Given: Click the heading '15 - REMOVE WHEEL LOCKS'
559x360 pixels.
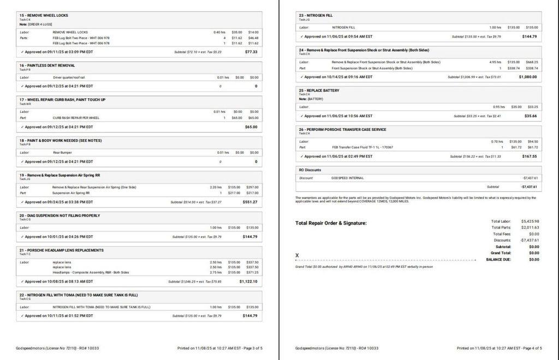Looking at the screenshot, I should pyautogui.click(x=44, y=15).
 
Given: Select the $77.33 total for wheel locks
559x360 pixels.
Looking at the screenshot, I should pyautogui.click(x=251, y=52).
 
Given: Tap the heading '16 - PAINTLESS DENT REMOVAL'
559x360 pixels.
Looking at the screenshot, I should pyautogui.click(x=47, y=65).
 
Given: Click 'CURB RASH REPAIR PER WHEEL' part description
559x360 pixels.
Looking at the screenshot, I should pyautogui.click(x=76, y=118).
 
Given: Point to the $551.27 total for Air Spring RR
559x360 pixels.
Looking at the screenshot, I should pyautogui.click(x=249, y=202).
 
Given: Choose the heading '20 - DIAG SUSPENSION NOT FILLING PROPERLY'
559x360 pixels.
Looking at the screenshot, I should pyautogui.click(x=60, y=215).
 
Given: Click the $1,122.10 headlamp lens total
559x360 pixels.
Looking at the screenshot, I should pyautogui.click(x=248, y=281).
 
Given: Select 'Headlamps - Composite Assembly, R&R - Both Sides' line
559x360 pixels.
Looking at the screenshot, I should pyautogui.click(x=91, y=272).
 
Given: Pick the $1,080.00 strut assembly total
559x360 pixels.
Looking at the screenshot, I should pyautogui.click(x=527, y=77).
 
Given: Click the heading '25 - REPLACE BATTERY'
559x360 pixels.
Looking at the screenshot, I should pyautogui.click(x=319, y=90).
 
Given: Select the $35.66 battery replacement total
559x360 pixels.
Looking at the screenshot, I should pyautogui.click(x=530, y=116).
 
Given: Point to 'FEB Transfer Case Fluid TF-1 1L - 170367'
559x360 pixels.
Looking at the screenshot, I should pyautogui.click(x=362, y=147).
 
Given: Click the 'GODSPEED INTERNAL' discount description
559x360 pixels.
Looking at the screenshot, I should pyautogui.click(x=347, y=178).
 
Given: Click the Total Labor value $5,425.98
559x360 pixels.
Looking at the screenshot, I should pyautogui.click(x=530, y=221).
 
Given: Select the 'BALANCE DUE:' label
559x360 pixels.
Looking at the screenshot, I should pyautogui.click(x=498, y=260).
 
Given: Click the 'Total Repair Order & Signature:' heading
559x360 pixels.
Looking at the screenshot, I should pyautogui.click(x=331, y=223).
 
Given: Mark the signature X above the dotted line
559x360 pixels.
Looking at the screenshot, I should pyautogui.click(x=297, y=255).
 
